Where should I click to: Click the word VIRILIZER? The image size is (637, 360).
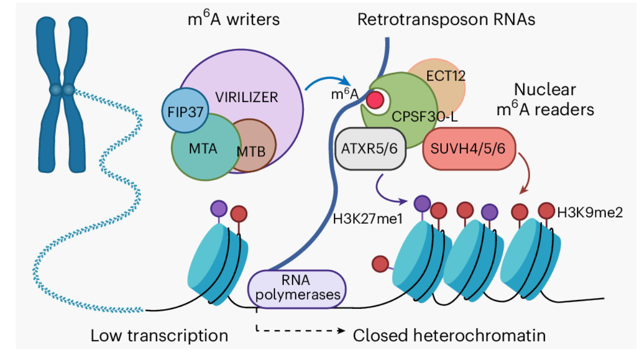click(x=247, y=97)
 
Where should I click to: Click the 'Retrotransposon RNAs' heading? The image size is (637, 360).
click(x=446, y=20)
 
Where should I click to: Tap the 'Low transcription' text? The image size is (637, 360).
click(x=160, y=335)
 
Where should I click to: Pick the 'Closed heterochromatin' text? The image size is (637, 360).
click(x=449, y=335)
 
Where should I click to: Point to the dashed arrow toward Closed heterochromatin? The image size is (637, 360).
click(x=302, y=330)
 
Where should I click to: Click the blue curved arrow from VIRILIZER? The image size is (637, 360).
click(x=328, y=81)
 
